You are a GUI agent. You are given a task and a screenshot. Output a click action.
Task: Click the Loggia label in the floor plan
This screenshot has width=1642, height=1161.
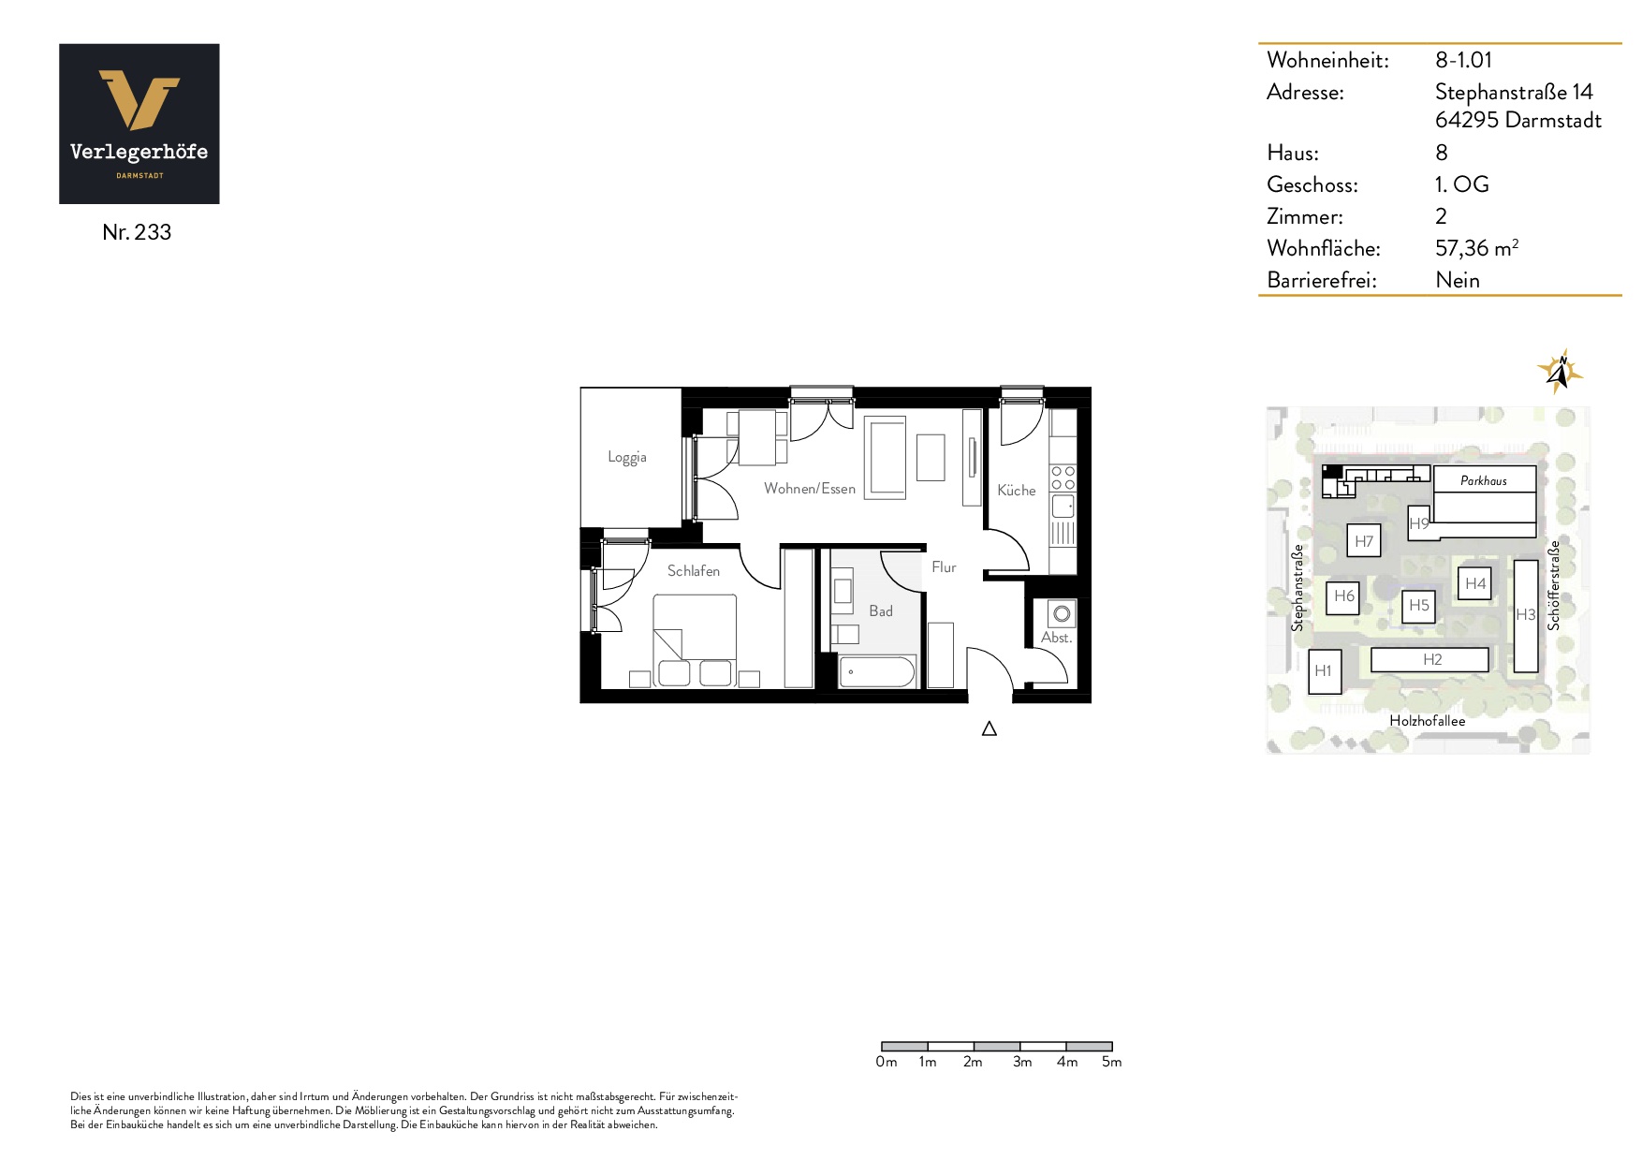[x=626, y=457]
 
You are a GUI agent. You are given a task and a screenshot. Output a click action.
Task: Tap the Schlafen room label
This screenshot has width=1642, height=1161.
[x=693, y=570]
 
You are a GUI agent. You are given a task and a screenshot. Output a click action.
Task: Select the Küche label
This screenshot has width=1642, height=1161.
[x=1016, y=490]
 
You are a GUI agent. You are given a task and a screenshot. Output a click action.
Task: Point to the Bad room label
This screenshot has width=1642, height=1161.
[x=880, y=610]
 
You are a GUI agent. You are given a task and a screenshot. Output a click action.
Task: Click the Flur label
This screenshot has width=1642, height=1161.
[x=944, y=566]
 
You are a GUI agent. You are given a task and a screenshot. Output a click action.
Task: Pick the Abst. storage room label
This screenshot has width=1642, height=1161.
[x=1056, y=637]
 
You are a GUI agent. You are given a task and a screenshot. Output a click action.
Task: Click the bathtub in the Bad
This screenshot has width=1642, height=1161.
[x=876, y=671]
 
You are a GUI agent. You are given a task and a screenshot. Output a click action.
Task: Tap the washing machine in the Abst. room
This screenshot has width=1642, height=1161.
[x=1062, y=613]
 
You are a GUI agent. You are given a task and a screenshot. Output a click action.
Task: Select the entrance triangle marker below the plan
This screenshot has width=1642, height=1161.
[x=990, y=728]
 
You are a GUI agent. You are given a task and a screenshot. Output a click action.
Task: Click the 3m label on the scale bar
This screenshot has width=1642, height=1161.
[x=1021, y=1062]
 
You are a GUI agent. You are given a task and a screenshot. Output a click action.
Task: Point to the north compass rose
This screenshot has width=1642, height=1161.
[x=1559, y=372]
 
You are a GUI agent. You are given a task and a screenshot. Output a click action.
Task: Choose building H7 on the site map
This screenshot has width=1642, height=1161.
[x=1364, y=541]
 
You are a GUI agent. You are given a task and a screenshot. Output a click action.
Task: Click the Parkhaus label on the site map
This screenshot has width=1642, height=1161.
[x=1484, y=480]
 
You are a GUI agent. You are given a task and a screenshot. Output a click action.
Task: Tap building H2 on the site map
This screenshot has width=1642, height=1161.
[x=1429, y=659]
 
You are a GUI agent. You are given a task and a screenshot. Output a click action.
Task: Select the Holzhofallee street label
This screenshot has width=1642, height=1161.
[x=1427, y=721]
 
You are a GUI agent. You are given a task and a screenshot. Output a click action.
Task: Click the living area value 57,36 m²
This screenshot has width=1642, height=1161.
[x=1476, y=248]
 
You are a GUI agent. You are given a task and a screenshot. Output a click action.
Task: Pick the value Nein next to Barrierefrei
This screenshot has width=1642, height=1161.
[x=1458, y=280]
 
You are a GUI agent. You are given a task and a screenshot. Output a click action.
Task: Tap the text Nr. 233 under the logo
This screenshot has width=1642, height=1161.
[x=137, y=232]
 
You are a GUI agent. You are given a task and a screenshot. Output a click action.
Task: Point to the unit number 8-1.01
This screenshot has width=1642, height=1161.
[x=1463, y=60]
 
